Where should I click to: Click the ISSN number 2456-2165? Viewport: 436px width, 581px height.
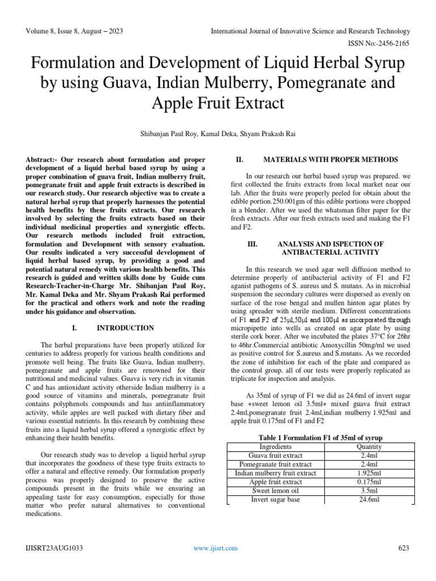point(391,43)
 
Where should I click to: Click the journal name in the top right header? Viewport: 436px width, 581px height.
point(310,30)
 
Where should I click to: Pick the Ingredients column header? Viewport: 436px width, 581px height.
point(275,447)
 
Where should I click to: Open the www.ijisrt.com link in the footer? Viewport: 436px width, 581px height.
point(215,548)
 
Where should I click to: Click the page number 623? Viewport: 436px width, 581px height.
point(404,548)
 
